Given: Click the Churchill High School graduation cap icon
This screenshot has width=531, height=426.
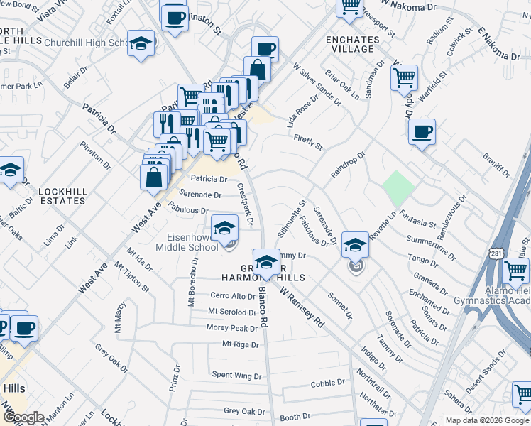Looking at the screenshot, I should (x=141, y=44).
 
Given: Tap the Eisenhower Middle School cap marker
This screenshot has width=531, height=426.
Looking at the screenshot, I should (x=225, y=229).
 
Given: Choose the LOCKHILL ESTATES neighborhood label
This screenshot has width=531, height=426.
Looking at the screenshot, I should (x=62, y=196).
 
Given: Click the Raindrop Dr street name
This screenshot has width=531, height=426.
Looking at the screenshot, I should (x=347, y=163).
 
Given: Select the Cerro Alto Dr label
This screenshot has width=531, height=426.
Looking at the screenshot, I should (x=232, y=296).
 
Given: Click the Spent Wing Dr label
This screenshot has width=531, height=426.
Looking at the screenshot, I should (x=236, y=375).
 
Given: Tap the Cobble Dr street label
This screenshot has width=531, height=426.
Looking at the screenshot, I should (x=327, y=384).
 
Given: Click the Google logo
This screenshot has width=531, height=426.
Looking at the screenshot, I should (x=23, y=417).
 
